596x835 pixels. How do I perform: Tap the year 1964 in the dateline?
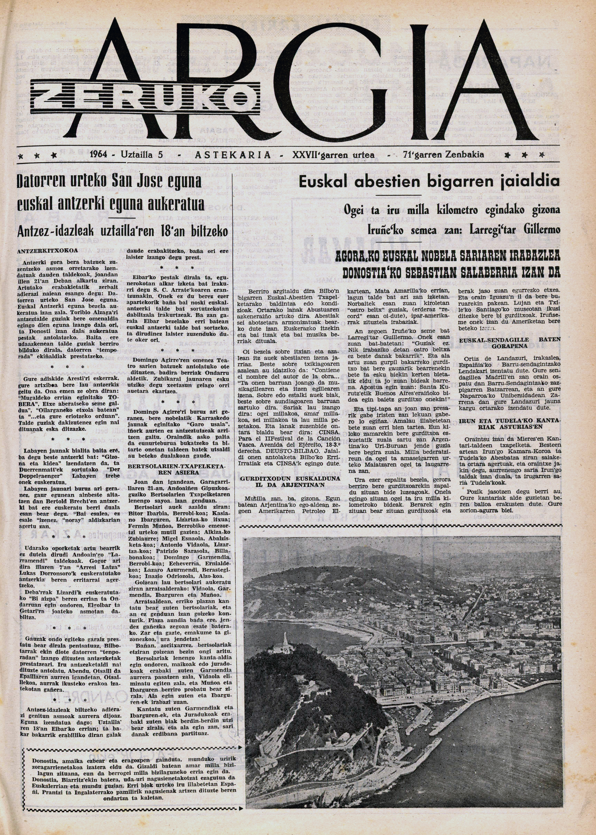click(98, 155)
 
